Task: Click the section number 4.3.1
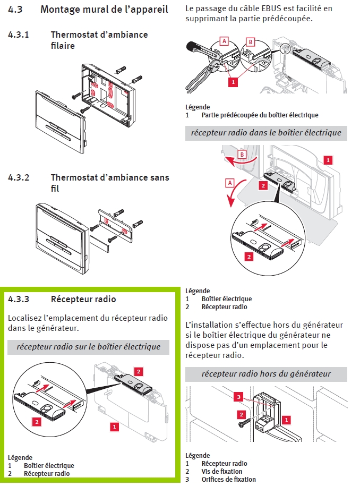coord(19,35)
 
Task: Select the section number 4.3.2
coord(19,177)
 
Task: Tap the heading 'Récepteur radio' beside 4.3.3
coord(83,299)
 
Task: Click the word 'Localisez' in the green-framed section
coord(25,318)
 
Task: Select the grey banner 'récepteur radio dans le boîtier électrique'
coord(266,132)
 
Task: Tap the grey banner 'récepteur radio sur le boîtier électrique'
coord(88,347)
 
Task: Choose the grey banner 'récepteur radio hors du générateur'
coord(266,373)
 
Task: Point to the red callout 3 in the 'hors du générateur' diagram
coord(239,397)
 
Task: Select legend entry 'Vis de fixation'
coord(221,471)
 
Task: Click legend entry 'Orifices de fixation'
coord(228,479)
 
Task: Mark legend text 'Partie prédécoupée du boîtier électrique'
coord(260,115)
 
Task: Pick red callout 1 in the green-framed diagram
coord(114,426)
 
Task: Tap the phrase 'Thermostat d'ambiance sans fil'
coord(99,182)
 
